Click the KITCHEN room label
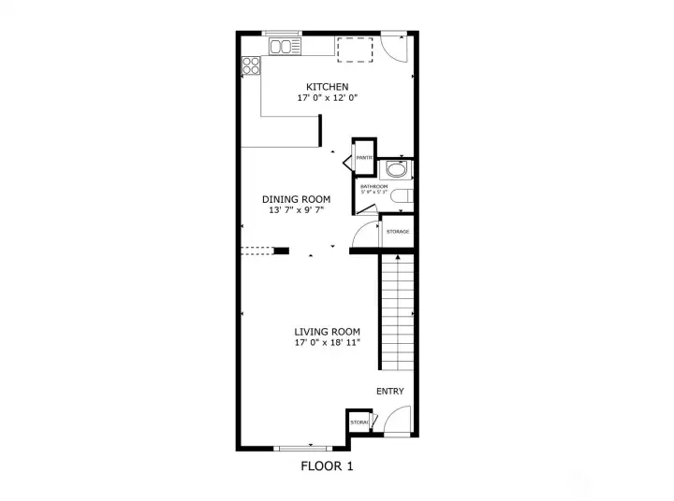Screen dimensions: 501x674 pyautogui.click(x=327, y=87)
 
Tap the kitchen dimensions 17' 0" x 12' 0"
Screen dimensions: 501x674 pyautogui.click(x=327, y=97)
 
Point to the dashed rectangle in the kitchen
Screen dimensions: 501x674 pyautogui.click(x=355, y=50)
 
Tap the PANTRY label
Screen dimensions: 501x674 pyautogui.click(x=364, y=158)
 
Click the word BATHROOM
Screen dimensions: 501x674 pyautogui.click(x=374, y=186)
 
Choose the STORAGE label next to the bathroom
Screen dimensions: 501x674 pyautogui.click(x=398, y=231)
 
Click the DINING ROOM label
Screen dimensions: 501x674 pyautogui.click(x=296, y=199)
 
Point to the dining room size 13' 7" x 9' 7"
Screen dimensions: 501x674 pyautogui.click(x=296, y=209)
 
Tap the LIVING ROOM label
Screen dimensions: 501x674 pyautogui.click(x=327, y=332)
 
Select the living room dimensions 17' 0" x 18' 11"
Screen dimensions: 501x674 pyautogui.click(x=327, y=343)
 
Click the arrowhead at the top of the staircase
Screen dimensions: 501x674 pyautogui.click(x=397, y=256)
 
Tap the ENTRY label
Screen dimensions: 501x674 pyautogui.click(x=389, y=392)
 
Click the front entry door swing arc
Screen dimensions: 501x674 pyautogui.click(x=396, y=422)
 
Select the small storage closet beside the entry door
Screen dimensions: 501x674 pyautogui.click(x=359, y=422)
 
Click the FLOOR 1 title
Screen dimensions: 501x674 pyautogui.click(x=327, y=465)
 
